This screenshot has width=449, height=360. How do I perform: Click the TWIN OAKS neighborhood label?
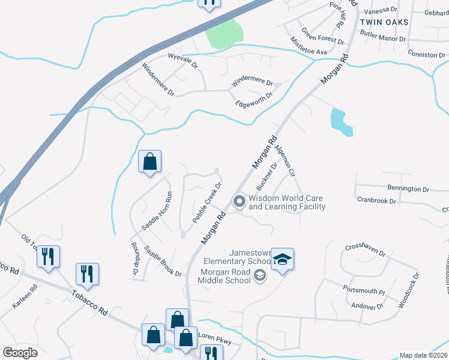tap(384, 22)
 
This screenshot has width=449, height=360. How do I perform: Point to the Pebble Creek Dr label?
tap(207, 203)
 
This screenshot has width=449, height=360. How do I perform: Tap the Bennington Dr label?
tap(408, 188)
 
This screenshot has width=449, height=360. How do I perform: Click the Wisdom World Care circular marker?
tap(239, 202)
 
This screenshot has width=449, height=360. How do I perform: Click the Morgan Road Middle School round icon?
tap(259, 275)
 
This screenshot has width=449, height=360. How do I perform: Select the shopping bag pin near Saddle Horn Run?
tap(149, 161)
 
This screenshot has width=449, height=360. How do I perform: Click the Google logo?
tap(20, 352)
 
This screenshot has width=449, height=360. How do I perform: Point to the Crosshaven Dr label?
tap(365, 250)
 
